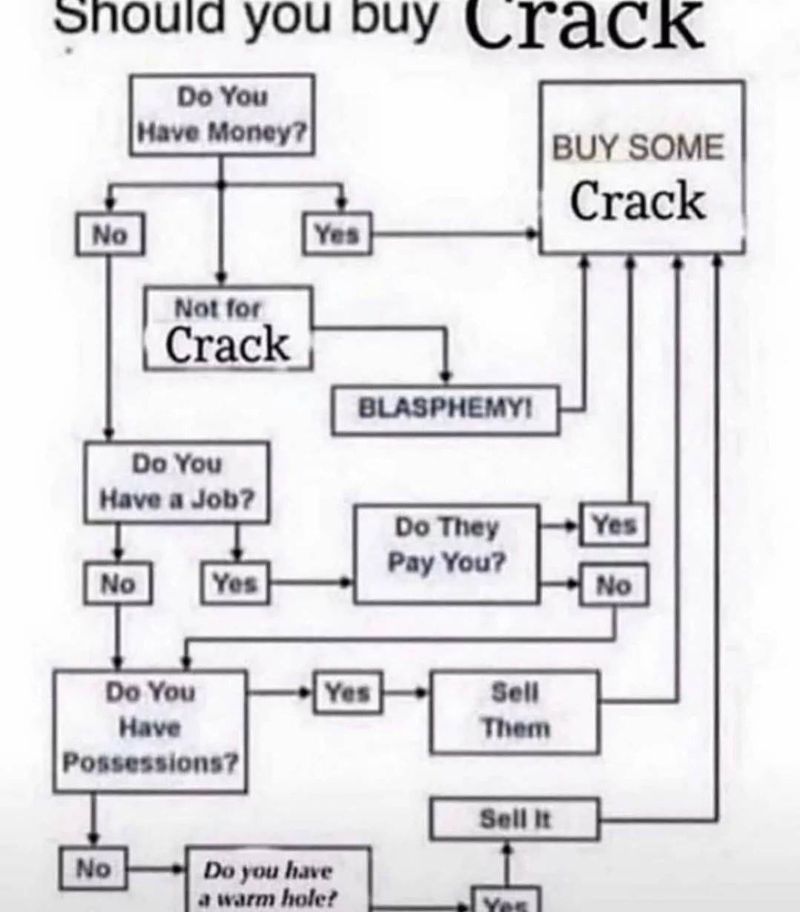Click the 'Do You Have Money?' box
pos(222,115)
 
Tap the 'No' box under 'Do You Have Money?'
pos(110,234)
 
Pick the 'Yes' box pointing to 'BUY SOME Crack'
pos(337,234)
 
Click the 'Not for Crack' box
pos(228,328)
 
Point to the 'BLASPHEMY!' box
pos(445,409)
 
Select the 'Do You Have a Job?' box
pos(177,482)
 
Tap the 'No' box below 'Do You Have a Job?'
pos(118,584)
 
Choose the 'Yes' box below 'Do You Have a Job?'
pos(236,584)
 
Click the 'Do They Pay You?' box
pos(447,553)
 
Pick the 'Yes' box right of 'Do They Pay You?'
pos(614,525)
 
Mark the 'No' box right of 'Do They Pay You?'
pos(614,586)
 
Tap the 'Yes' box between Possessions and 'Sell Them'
pos(348,693)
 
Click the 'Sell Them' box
pos(515,711)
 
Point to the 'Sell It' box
pos(515,819)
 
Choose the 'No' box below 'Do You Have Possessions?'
pos(93,868)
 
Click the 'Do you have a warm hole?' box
pos(277,882)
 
